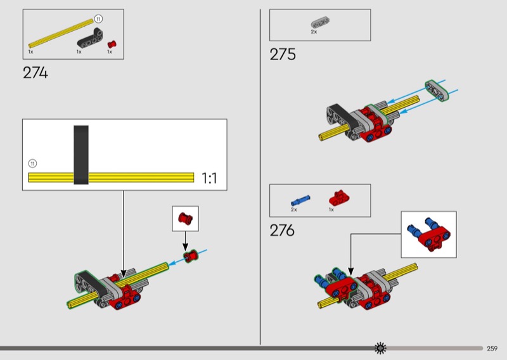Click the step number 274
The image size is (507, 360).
[35, 72]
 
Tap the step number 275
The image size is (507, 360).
[283, 55]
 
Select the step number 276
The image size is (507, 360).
[282, 230]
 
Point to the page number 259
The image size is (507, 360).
[492, 349]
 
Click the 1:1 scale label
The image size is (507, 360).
[209, 178]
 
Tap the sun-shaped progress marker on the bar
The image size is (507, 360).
[380, 348]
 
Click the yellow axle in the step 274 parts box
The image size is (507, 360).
[61, 34]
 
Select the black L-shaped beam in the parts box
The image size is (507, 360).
[90, 39]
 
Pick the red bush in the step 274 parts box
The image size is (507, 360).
[112, 44]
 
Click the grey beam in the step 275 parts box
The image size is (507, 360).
[320, 23]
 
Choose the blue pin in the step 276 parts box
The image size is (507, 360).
[300, 200]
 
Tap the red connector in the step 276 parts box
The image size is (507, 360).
[339, 198]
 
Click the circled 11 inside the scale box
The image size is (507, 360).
[32, 164]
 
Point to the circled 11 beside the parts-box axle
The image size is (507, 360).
[98, 19]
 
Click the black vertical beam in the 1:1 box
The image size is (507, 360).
[81, 155]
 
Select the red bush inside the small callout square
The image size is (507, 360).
[185, 218]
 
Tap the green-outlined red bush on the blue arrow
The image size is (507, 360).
[191, 256]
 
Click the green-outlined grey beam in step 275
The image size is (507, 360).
[437, 91]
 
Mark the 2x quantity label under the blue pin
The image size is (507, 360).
[293, 210]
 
